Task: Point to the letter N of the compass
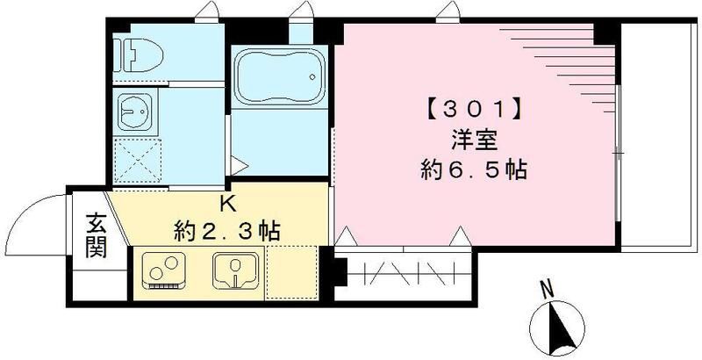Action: [x=546, y=287]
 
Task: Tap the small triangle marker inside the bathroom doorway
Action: [x=238, y=162]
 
